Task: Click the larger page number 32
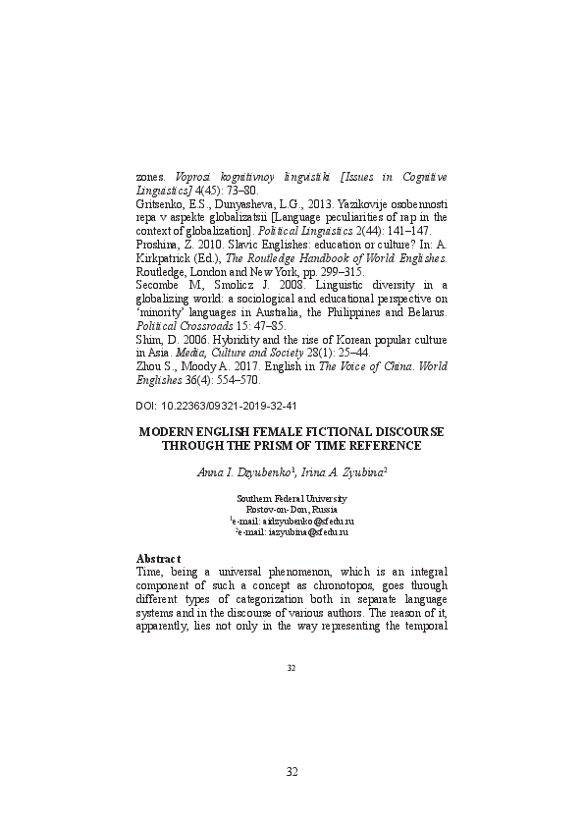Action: [x=292, y=771]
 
